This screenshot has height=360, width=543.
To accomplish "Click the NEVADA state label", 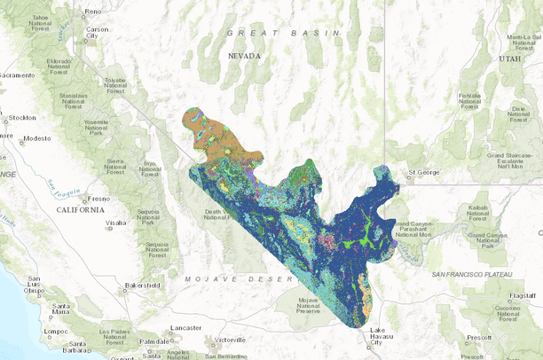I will [x=245, y=56].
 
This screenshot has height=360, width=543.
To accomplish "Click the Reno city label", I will [x=93, y=12].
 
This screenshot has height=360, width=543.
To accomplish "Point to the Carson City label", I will [x=97, y=34].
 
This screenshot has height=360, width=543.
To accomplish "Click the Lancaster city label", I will [x=186, y=327].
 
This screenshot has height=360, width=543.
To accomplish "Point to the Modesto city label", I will [x=35, y=139].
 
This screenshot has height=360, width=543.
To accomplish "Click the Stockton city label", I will [x=22, y=117].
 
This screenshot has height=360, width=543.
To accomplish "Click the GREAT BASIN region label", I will [x=284, y=33].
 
